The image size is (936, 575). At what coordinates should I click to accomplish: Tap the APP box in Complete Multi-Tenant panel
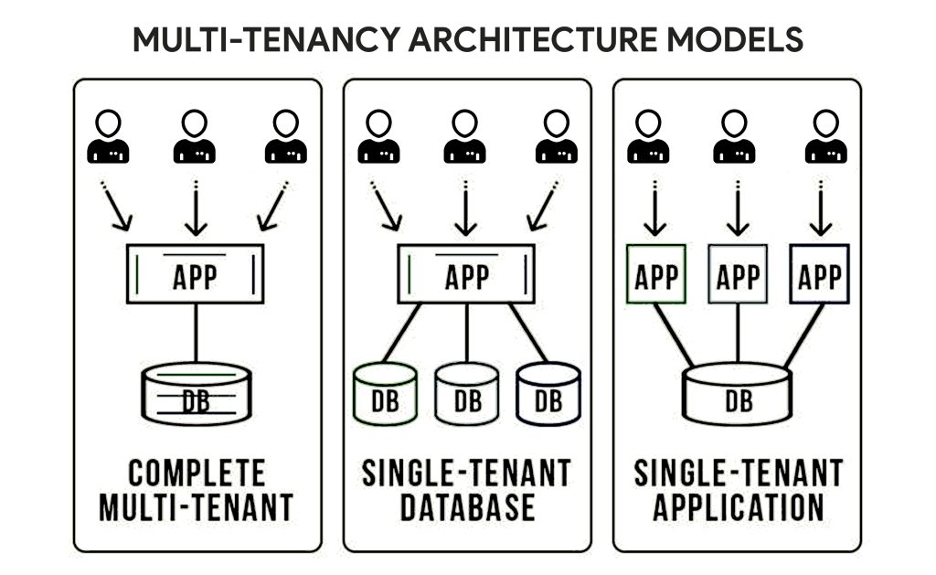pyautogui.click(x=195, y=274)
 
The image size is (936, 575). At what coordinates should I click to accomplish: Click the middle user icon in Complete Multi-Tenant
pyautogui.click(x=195, y=137)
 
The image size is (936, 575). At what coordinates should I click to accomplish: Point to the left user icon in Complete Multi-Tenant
pyautogui.click(x=109, y=137)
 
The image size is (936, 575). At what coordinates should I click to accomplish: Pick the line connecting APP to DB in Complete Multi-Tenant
pyautogui.click(x=196, y=333)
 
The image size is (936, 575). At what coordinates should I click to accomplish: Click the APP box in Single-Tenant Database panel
pyautogui.click(x=466, y=274)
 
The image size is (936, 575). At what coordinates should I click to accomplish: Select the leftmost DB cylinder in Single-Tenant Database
pyautogui.click(x=385, y=394)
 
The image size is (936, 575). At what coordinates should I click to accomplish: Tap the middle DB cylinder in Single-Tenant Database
pyautogui.click(x=466, y=394)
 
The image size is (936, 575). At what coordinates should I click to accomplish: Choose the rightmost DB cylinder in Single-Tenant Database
pyautogui.click(x=548, y=394)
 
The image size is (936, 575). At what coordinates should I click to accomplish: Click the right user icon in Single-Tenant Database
pyautogui.click(x=556, y=137)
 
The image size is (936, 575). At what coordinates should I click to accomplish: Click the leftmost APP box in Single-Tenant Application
pyautogui.click(x=656, y=274)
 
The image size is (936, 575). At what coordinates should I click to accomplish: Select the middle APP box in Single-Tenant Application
pyautogui.click(x=738, y=274)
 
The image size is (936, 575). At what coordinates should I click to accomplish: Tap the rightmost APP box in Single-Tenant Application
pyautogui.click(x=820, y=274)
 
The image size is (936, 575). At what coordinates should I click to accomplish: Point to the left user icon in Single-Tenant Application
pyautogui.click(x=648, y=137)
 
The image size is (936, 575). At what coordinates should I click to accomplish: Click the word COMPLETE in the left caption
pyautogui.click(x=197, y=474)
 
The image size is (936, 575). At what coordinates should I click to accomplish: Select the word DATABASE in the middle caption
pyautogui.click(x=466, y=506)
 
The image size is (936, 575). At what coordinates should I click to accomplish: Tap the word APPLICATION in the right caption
pyautogui.click(x=738, y=506)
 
